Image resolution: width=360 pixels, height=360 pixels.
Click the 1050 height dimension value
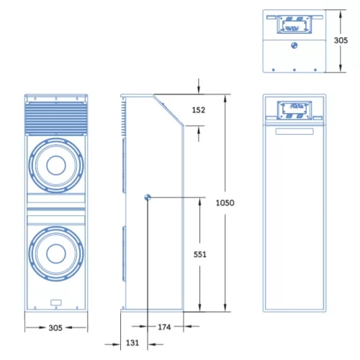click(225, 202)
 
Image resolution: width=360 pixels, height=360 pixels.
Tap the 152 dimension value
click(199, 109)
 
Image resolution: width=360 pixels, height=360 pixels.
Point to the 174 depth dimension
click(166, 328)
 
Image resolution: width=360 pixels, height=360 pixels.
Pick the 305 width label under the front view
click(55, 328)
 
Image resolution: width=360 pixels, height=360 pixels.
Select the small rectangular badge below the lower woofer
click(55, 302)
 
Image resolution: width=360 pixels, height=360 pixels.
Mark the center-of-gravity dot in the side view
click(147, 197)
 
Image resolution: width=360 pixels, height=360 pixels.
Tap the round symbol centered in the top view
click(294, 45)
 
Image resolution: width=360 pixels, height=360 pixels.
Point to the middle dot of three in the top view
click(294, 70)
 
